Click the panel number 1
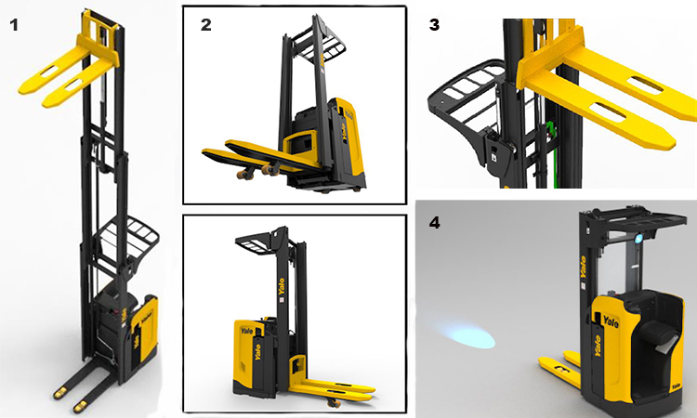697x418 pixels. pos(14,25)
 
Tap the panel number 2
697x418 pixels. pos(205,25)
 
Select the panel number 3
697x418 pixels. pos(434,25)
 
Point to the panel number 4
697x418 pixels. pos(435,222)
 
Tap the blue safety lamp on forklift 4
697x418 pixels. pos(638,239)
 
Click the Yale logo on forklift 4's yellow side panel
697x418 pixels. pos(611,320)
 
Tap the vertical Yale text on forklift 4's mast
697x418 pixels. pos(584,267)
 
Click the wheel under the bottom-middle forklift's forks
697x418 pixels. pos(334,402)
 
